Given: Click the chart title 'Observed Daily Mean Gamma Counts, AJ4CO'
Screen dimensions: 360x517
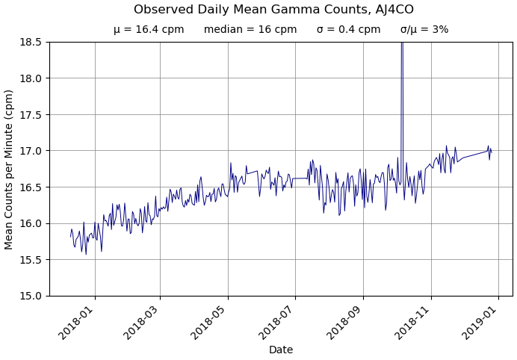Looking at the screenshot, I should click(273, 10).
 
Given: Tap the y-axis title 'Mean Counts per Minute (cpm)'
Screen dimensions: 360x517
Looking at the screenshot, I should click(10, 169).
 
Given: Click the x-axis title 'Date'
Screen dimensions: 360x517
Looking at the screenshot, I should click(281, 350).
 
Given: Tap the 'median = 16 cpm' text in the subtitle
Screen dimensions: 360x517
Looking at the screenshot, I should click(250, 30).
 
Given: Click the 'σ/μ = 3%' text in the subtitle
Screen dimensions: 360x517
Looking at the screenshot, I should click(424, 30).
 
